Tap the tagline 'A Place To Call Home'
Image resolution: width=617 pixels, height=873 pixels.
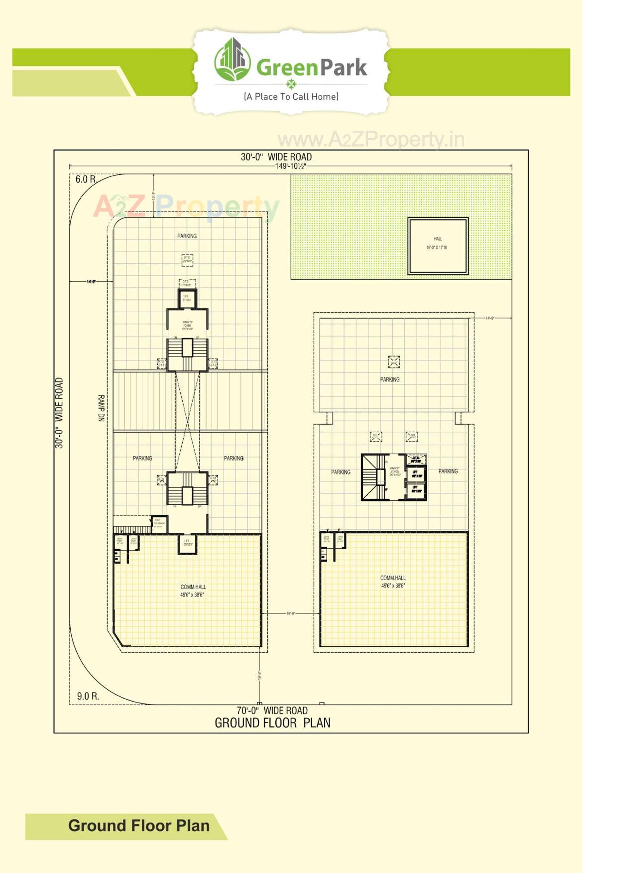tap(291, 97)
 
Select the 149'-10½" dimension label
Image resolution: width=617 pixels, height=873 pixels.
tap(291, 166)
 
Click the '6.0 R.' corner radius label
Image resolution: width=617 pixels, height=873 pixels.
tap(86, 180)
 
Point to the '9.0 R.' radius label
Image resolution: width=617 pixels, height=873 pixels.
tap(88, 696)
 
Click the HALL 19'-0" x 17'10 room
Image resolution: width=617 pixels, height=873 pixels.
tap(437, 246)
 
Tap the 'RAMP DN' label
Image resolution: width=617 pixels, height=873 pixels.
tap(101, 408)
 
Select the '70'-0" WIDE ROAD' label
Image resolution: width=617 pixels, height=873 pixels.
tap(272, 710)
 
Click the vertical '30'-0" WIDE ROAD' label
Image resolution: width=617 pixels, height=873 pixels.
tap(59, 413)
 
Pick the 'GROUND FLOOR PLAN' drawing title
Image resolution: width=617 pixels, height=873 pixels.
tap(272, 723)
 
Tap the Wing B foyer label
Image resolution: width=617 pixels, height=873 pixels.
tap(187, 326)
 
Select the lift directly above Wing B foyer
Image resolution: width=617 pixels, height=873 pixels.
tap(186, 298)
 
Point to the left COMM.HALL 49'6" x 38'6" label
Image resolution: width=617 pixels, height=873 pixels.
tap(193, 590)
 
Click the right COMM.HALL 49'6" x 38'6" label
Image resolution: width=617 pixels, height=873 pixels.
tap(393, 581)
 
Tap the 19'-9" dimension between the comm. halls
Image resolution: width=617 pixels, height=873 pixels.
tap(291, 613)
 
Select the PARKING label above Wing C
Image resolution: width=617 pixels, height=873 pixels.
tap(390, 379)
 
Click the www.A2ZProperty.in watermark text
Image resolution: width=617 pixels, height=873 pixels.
tap(371, 140)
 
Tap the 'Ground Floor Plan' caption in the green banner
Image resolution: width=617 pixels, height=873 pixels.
tap(139, 826)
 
